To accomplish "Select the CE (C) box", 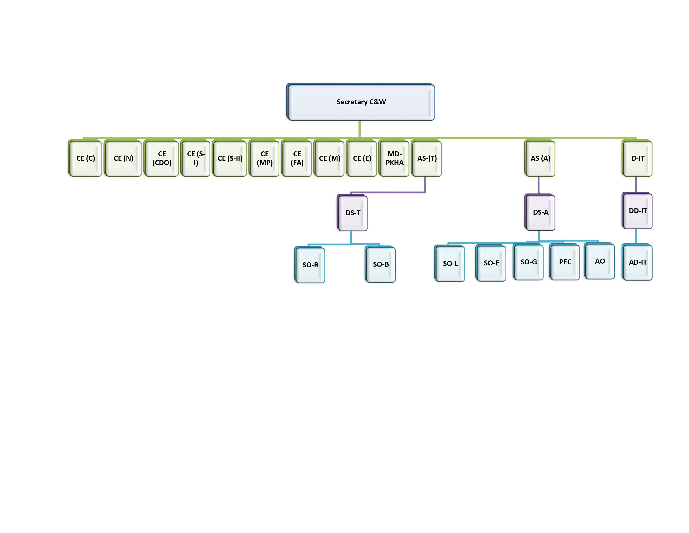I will click(85, 158).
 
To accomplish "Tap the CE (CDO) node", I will click(162, 158).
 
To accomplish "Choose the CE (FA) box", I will click(297, 158).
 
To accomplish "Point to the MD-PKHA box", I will click(394, 158).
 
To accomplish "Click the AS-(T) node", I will click(427, 158).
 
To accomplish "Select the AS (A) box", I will click(540, 158).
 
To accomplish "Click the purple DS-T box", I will click(353, 213).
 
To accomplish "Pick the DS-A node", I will click(540, 212).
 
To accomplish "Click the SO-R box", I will click(310, 265).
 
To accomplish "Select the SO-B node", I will click(381, 264).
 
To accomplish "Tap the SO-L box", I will click(450, 263).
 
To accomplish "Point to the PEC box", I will click(565, 262).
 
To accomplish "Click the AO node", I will click(600, 261).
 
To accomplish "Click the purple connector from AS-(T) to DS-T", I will click(388, 192).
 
